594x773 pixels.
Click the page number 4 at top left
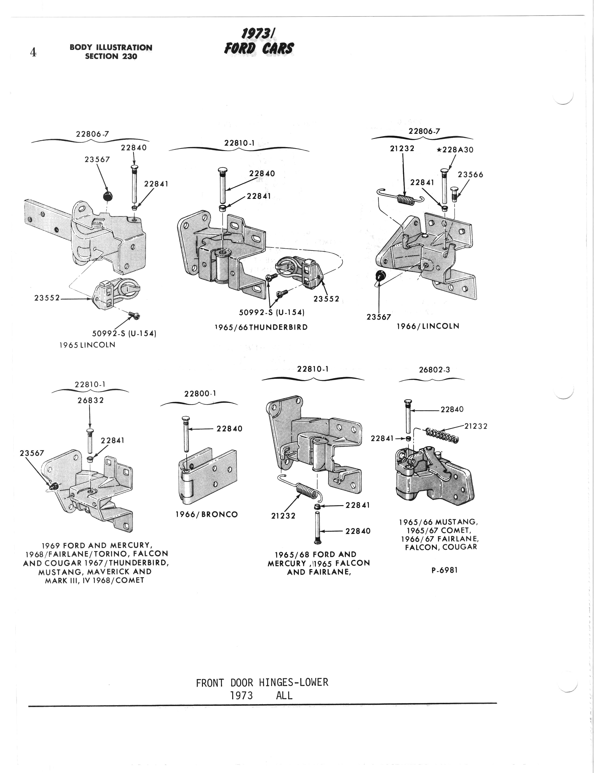pos(33,52)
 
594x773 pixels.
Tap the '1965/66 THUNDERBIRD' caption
pos(261,327)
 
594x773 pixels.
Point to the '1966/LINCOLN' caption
pos(428,326)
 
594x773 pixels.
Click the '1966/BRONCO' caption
pos(207,514)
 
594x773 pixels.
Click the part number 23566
pos(470,175)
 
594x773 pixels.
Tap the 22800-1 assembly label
pos(200,393)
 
